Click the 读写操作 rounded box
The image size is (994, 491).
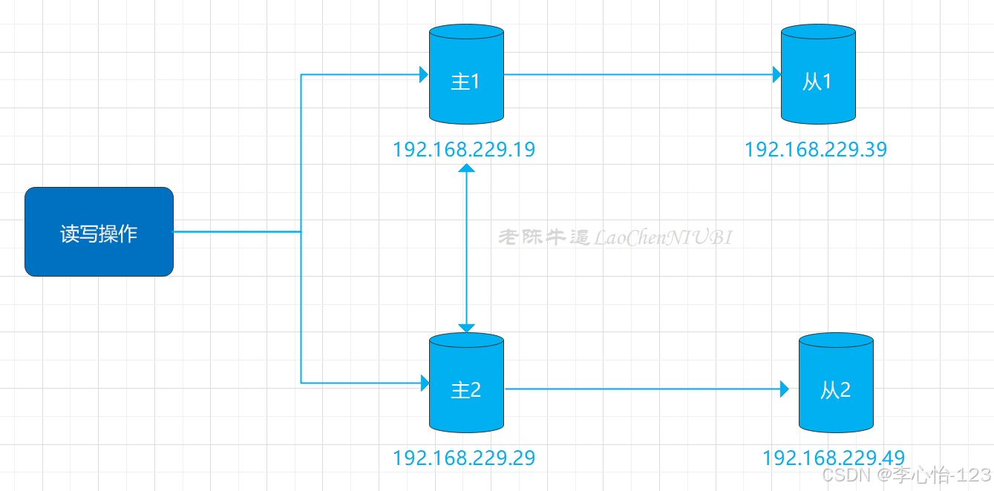99,232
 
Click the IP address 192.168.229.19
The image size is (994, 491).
464,150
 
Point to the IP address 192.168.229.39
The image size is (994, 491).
816,150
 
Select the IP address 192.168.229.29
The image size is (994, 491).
464,458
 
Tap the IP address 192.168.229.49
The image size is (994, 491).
834,458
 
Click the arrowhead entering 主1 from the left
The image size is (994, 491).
424,74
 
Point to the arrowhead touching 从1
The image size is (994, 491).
776,74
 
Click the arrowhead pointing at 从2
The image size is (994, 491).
784,389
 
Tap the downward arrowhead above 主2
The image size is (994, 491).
466,328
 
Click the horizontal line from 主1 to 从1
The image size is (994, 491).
638,74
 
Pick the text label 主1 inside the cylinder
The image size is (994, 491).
465,82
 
